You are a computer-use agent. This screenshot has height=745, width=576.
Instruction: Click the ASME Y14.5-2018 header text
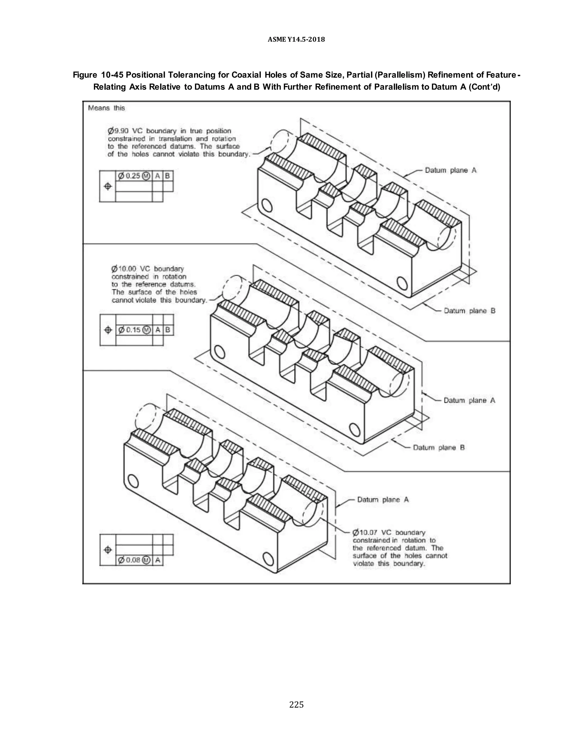pyautogui.click(x=296, y=40)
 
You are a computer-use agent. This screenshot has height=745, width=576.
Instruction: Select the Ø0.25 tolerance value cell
pyautogui.click(x=134, y=176)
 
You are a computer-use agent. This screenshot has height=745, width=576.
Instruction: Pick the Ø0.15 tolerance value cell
pyautogui.click(x=134, y=330)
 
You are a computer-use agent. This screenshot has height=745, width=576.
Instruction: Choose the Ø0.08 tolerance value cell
pyautogui.click(x=134, y=560)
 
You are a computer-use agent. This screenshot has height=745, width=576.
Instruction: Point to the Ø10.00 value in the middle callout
pyautogui.click(x=123, y=269)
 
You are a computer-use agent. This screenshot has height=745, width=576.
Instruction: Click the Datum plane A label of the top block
pyautogui.click(x=451, y=170)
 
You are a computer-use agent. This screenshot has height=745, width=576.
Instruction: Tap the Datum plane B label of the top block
pyautogui.click(x=469, y=311)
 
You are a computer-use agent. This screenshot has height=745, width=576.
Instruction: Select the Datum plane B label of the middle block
pyautogui.click(x=439, y=447)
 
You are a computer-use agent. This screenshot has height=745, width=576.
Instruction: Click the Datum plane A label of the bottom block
pyautogui.click(x=383, y=500)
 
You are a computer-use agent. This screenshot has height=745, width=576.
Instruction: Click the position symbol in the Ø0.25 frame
pyautogui.click(x=108, y=186)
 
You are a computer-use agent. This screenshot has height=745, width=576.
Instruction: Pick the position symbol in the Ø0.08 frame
pyautogui.click(x=108, y=550)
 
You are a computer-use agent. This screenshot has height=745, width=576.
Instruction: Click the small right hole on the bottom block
pyautogui.click(x=269, y=559)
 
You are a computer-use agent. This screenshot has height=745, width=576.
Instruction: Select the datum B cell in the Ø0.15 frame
pyautogui.click(x=168, y=330)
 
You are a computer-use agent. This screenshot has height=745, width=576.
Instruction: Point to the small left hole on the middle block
pyautogui.click(x=219, y=352)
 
